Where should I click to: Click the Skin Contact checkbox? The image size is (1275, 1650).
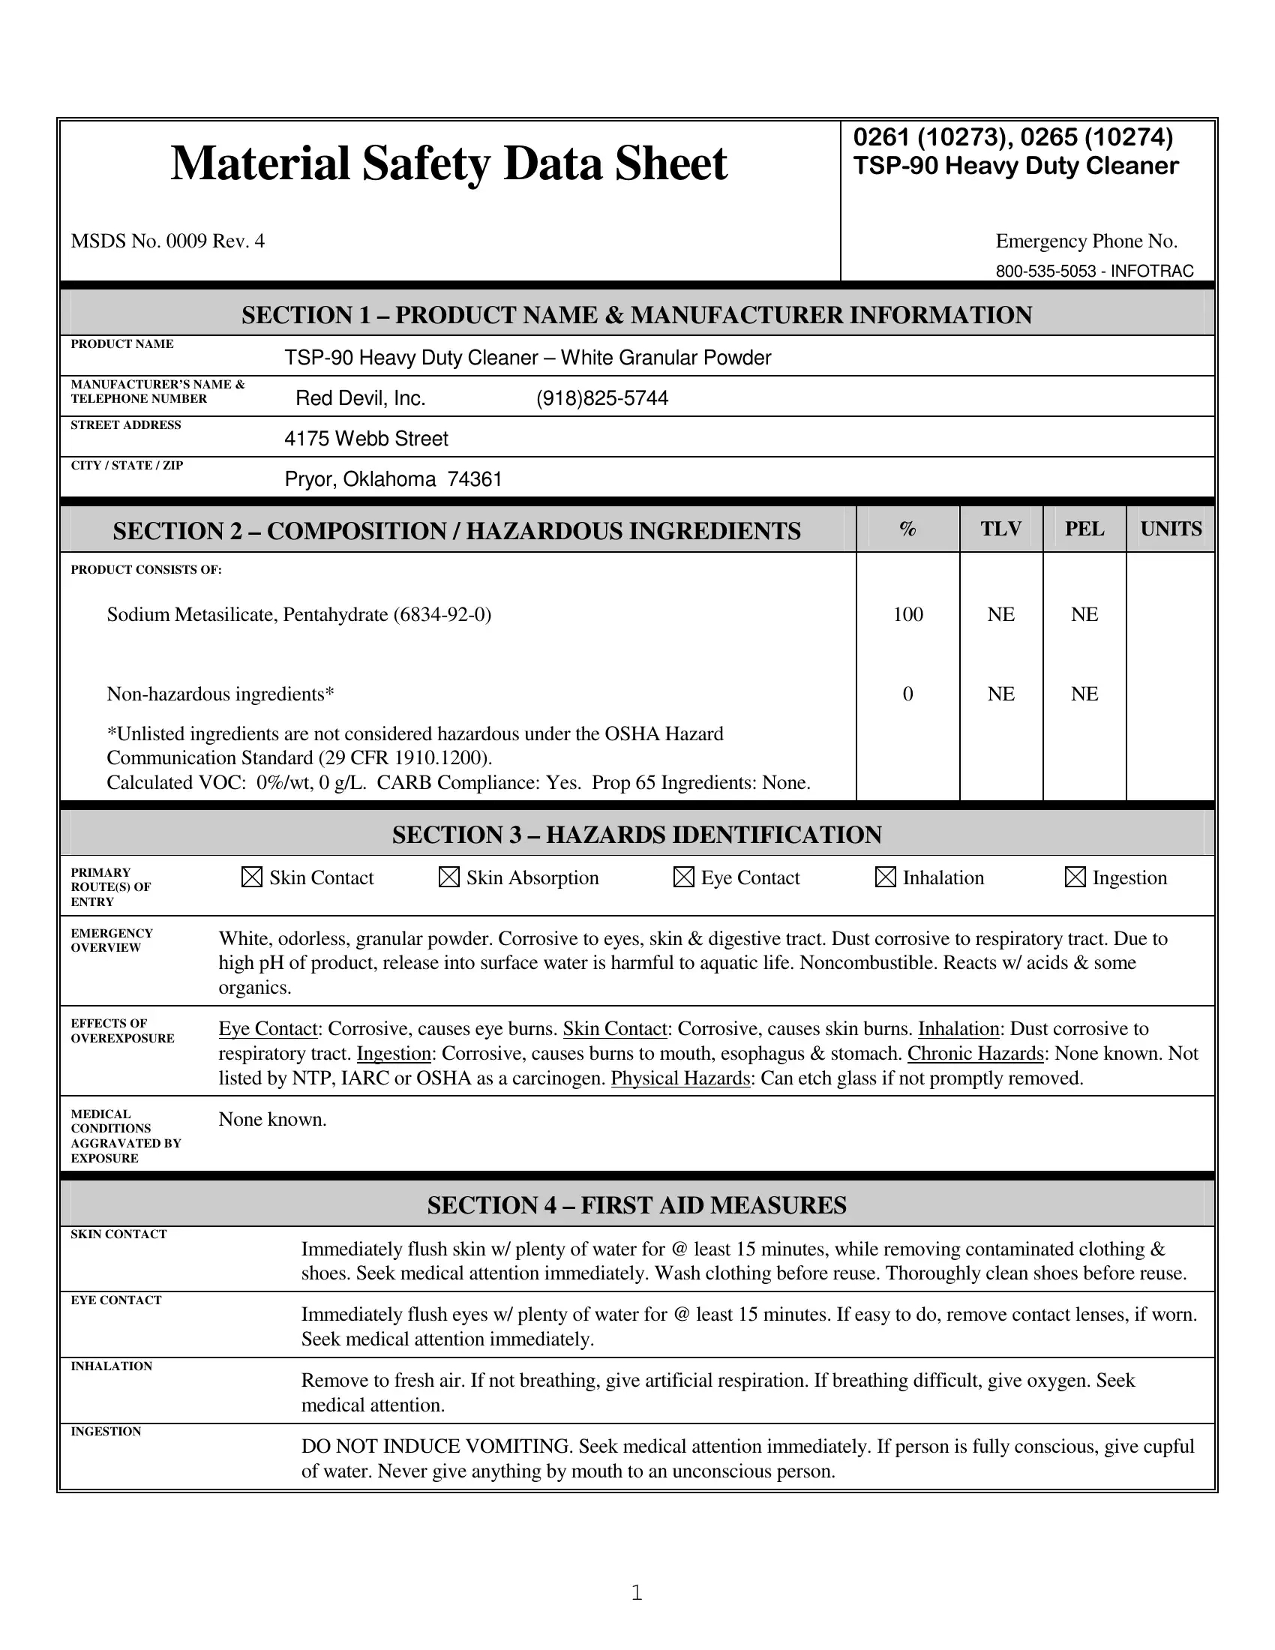pos(251,877)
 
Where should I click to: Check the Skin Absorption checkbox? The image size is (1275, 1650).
pos(448,877)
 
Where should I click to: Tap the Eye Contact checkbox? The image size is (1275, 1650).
pos(683,877)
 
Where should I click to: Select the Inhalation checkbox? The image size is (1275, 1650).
pos(885,877)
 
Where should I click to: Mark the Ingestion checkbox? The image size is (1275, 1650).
pos(1075,877)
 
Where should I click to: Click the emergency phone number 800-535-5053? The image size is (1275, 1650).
pos(1045,271)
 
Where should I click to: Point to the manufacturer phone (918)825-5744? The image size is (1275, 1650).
pos(602,398)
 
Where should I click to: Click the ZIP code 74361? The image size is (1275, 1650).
pos(474,479)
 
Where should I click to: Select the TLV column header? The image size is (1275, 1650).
pos(1000,529)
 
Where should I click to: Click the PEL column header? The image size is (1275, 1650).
pos(1084,529)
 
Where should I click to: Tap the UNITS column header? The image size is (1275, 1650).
pos(1171,529)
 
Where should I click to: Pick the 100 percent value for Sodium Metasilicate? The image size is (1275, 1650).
pos(908,614)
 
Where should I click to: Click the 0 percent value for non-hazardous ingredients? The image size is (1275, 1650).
pos(908,694)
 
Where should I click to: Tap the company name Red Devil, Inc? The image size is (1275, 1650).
pos(360,398)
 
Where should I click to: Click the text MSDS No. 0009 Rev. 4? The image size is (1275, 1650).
pos(168,241)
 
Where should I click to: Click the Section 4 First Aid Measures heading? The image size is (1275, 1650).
pos(637,1204)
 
